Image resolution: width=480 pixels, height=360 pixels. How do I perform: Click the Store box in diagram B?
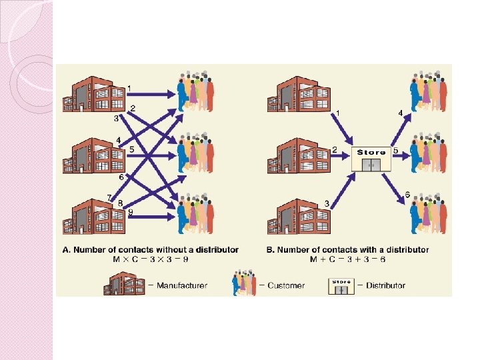[371, 159]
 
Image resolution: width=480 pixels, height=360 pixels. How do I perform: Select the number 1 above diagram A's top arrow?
[129, 87]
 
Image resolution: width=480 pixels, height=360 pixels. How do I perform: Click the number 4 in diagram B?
[401, 113]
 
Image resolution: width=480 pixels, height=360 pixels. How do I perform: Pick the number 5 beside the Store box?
[396, 151]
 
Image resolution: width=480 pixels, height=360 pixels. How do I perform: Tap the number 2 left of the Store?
[335, 151]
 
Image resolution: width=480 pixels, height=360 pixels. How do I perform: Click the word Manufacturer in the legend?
[181, 285]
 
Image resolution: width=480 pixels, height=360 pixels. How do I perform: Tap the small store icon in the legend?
[341, 285]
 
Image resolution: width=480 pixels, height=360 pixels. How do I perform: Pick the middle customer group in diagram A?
[195, 153]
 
